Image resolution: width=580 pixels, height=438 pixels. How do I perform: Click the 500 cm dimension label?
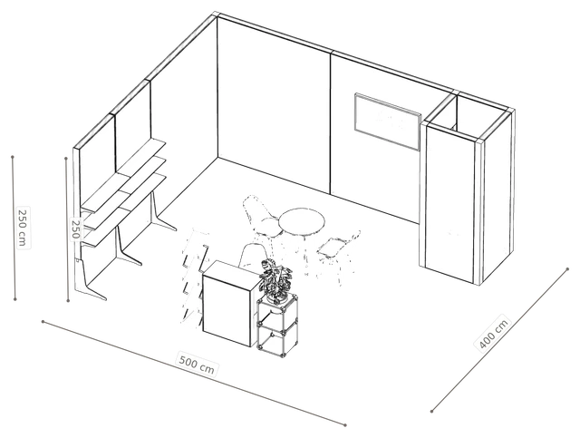pos(197,364)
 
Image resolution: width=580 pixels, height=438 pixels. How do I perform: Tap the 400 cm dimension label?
pos(494,334)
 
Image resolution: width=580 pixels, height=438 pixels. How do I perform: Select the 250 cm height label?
pos(22,228)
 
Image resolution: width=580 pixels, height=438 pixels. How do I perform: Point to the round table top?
pos(302,221)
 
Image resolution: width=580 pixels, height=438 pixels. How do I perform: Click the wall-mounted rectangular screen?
pos(388,122)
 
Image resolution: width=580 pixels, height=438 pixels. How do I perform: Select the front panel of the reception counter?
pos(227,307)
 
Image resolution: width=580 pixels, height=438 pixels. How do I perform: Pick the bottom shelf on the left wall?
pos(125,209)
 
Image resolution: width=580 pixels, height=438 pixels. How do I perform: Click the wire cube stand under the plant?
pos(278,326)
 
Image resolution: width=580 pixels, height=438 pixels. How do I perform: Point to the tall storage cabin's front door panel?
pos(449,204)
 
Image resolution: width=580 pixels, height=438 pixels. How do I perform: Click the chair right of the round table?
pos(338,253)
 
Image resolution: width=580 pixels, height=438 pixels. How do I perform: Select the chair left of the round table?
pos(261,217)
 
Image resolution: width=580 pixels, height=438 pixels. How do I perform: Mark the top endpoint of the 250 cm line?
pos(13,157)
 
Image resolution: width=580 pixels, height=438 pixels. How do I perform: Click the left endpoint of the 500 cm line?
pos(43,321)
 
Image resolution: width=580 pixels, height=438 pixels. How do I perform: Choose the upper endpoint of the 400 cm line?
pos(567,268)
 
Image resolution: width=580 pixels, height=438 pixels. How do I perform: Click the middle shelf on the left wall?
pos(124,191)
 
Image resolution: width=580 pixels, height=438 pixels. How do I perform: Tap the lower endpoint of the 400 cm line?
pos(431,411)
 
